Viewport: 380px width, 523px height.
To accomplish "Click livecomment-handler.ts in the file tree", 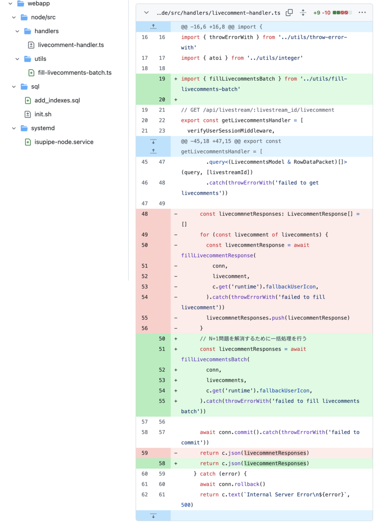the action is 71,45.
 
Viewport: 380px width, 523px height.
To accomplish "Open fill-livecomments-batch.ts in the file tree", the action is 75,73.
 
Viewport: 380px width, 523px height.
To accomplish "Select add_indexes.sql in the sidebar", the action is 57,100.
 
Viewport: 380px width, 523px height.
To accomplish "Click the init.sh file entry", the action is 43,114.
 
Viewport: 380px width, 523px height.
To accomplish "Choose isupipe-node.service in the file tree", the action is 64,142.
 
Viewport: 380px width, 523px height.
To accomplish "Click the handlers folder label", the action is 47,31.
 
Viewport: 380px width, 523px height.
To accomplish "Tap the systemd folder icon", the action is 24,128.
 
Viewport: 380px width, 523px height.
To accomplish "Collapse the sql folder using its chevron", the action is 14,87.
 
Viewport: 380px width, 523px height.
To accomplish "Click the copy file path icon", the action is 289,13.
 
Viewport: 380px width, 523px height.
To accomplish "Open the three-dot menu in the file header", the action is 362,12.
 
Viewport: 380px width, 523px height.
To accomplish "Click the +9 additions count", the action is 316,13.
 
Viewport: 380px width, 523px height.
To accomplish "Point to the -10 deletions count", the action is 326,13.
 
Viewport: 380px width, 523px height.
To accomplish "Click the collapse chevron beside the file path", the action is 146,13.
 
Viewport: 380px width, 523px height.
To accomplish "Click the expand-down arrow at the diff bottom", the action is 153,515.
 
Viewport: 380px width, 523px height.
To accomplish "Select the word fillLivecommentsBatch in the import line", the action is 242,79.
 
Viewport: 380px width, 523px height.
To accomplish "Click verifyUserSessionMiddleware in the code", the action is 230,131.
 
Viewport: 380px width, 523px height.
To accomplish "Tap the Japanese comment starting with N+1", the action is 253,339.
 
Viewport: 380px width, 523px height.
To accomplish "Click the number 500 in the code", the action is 186,505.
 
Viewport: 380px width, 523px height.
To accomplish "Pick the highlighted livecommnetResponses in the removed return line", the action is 275,453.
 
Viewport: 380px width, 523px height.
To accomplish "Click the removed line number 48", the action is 145,214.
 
